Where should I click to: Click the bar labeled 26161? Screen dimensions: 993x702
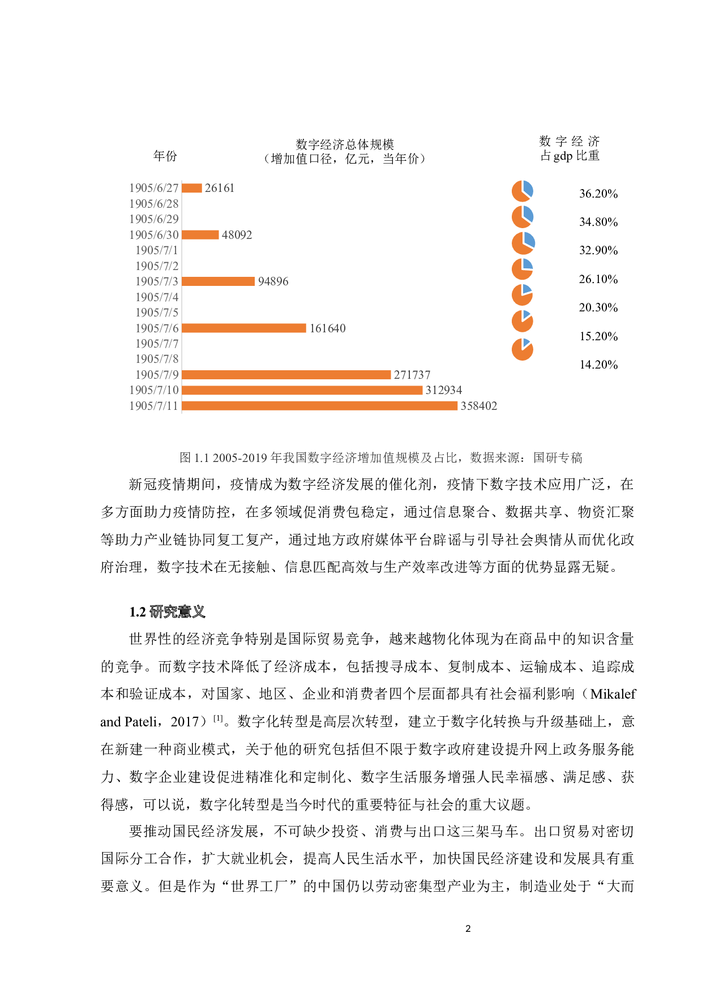coord(192,188)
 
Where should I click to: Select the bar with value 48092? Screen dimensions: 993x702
coord(200,235)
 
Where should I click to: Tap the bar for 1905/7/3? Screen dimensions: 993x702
coord(219,281)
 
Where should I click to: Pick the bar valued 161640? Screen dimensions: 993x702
coord(244,328)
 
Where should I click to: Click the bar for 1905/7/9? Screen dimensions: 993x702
coord(286,375)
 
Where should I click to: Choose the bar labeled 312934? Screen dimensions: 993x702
coord(302,390)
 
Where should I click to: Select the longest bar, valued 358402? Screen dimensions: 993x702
coord(320,406)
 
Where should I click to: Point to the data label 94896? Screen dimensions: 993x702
coord(273,281)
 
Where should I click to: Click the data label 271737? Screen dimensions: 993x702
coord(412,375)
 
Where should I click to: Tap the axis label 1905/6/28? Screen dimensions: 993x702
coord(154,204)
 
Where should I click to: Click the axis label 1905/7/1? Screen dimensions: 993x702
coord(157,250)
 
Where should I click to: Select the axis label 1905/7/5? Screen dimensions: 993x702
coord(157,313)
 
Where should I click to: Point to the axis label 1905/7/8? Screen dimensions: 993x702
coord(157,359)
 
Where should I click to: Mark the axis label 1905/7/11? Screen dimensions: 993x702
coord(154,406)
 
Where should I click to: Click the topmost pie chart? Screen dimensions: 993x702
coord(523,191)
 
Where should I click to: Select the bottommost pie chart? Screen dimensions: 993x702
coord(523,349)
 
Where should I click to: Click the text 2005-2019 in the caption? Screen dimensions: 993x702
coord(240,458)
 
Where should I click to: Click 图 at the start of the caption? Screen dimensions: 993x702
coord(186,457)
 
